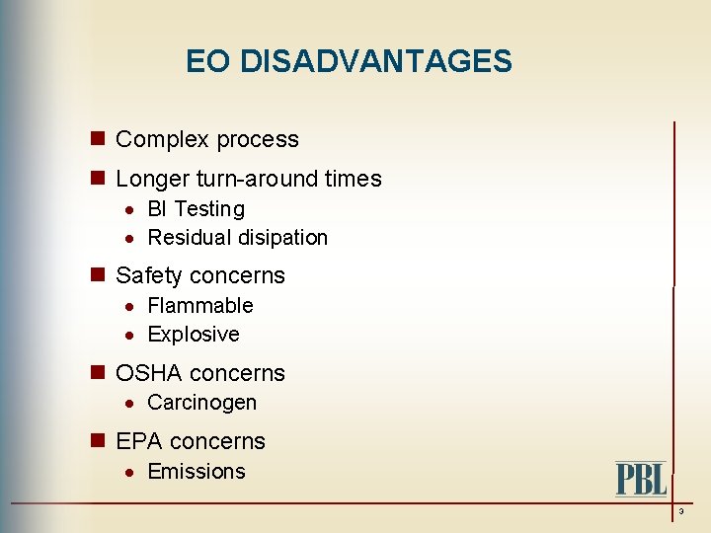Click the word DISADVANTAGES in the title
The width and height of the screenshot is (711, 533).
tap(376, 62)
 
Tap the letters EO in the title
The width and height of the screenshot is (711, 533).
tap(207, 62)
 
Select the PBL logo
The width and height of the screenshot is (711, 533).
tap(641, 479)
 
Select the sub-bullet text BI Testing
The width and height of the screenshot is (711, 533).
tap(196, 209)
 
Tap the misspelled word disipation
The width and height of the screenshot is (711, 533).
tap(281, 238)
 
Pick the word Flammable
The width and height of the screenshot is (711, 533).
tap(199, 306)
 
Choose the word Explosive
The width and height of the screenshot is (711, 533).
tap(193, 335)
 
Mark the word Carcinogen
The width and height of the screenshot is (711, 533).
tap(201, 403)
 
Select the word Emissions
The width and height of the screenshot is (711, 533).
tap(196, 472)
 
